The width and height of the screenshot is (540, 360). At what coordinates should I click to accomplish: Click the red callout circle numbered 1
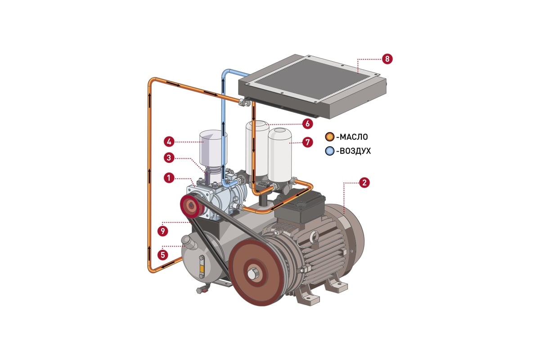(169, 178)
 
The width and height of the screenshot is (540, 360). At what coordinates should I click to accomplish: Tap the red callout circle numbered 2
(365, 183)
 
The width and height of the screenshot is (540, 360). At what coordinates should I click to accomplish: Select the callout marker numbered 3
(169, 157)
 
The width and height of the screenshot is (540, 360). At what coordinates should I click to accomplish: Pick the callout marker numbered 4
(169, 142)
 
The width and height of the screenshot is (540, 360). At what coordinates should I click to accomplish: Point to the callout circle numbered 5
(163, 254)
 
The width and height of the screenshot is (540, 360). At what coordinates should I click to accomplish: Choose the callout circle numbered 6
(307, 123)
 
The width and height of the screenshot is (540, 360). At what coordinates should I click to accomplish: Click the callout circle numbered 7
(307, 142)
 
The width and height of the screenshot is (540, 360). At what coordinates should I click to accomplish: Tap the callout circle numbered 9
(163, 231)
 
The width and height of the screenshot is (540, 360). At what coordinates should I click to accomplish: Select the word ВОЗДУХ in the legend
(355, 151)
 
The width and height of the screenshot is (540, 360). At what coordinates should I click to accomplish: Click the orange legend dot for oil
(330, 137)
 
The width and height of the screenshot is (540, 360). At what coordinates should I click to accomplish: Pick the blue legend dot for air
(330, 151)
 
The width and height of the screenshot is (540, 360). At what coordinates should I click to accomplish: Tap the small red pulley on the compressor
(191, 207)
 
